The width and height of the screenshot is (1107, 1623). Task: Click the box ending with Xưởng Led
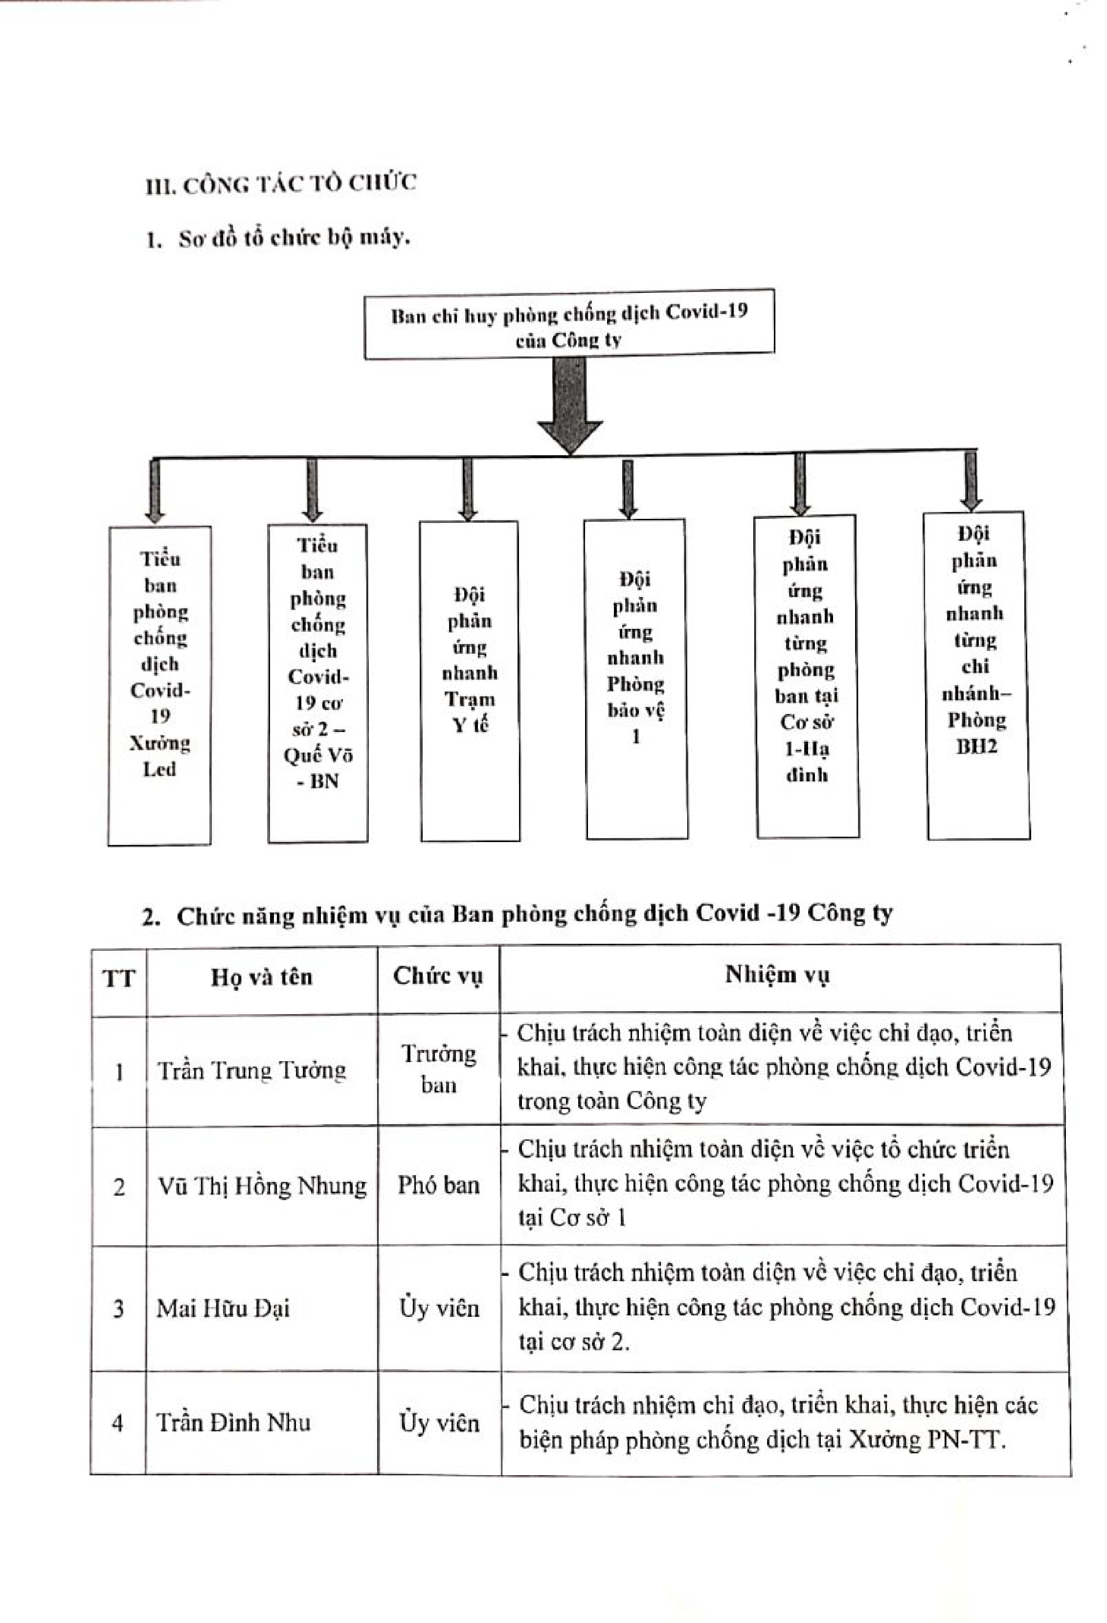coord(159,686)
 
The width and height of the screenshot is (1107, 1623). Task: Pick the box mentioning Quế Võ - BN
coord(318,683)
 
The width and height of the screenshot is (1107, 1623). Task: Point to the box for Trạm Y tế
coord(469,681)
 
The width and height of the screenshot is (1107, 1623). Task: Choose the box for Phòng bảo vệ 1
coord(635,679)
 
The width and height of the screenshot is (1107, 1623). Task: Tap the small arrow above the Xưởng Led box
coord(155,490)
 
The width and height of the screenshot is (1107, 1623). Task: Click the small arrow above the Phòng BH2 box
coord(971,481)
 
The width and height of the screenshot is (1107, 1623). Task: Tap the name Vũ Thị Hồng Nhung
coord(262,1186)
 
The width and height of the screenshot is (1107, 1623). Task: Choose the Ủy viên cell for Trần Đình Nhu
coord(439,1423)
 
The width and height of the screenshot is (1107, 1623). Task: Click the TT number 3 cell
coord(119,1308)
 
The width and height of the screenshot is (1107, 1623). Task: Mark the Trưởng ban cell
coord(439,1068)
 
